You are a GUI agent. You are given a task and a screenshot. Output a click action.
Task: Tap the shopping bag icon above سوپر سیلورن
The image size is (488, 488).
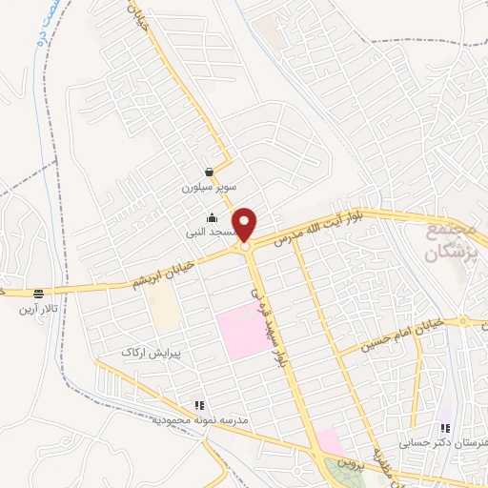tap(209, 173)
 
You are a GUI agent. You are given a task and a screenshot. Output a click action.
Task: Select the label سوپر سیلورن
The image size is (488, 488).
tap(207, 188)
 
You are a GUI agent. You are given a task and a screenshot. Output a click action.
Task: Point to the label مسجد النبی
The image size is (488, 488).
tap(211, 232)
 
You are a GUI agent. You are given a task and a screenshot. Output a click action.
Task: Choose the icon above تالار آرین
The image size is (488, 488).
tap(38, 295)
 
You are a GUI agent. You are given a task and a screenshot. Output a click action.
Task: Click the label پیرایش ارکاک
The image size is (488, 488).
tap(150, 352)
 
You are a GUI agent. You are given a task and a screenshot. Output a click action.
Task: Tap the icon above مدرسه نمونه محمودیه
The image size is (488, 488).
tap(199, 405)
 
